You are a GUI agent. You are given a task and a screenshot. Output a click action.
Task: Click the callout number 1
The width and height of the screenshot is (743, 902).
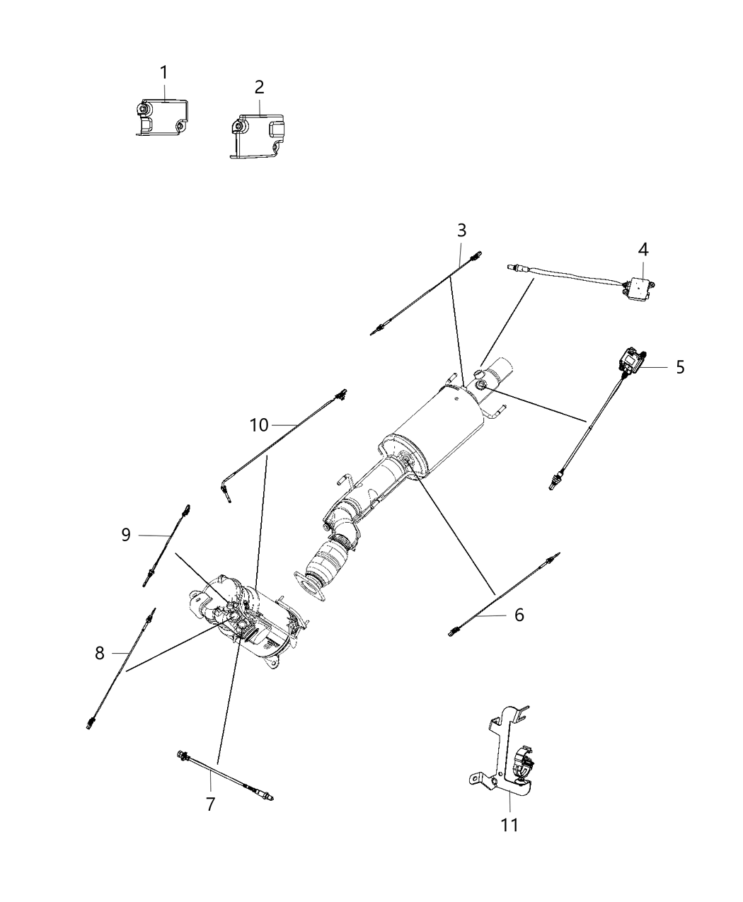163,73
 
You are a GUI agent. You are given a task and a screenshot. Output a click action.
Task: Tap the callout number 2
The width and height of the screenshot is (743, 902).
259,87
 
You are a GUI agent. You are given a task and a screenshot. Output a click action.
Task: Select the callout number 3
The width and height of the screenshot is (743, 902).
461,230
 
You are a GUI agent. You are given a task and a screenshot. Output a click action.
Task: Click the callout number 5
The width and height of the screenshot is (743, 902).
679,367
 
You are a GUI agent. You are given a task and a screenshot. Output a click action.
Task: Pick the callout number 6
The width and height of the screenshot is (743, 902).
519,615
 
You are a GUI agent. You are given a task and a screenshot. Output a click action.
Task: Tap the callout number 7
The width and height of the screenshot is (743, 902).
210,804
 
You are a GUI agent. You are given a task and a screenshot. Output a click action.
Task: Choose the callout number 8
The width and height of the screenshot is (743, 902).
100,653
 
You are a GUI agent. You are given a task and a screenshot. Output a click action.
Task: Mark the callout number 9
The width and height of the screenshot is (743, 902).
126,535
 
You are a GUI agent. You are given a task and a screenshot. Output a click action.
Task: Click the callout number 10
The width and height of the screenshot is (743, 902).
259,425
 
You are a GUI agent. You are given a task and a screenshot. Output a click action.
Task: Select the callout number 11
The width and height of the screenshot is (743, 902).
509,825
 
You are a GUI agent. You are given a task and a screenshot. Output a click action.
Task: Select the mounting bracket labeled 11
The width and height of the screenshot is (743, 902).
506,757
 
